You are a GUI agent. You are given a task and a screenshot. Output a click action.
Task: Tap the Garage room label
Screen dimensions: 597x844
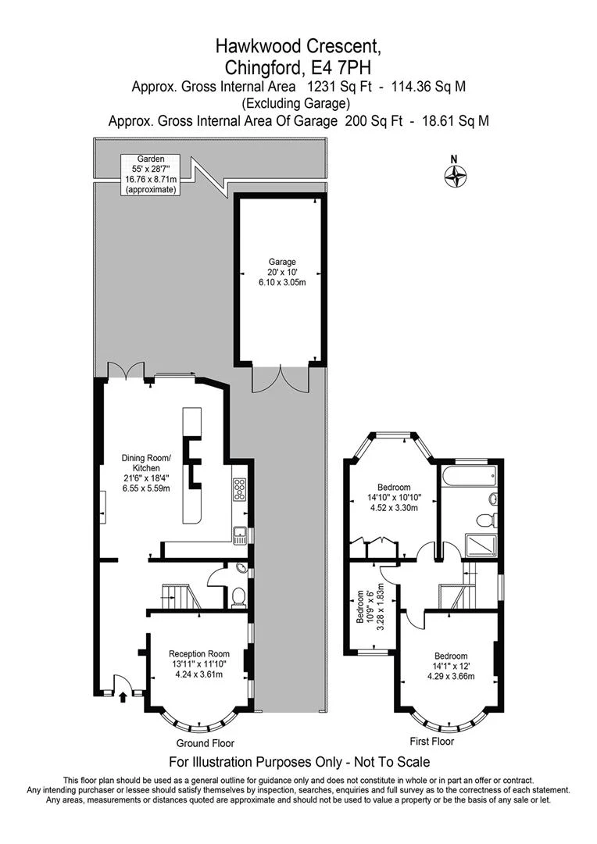click(282, 272)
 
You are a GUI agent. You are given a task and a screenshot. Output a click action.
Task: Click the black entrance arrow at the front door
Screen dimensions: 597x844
click(123, 697)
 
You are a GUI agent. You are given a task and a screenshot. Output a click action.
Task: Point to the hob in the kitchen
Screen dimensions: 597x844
click(240, 490)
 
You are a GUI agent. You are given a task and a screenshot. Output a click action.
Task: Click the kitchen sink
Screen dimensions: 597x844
click(240, 535)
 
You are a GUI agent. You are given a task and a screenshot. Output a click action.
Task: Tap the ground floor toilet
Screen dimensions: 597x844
click(238, 596)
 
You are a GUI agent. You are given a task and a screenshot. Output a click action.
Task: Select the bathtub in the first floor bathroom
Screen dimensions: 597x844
click(467, 477)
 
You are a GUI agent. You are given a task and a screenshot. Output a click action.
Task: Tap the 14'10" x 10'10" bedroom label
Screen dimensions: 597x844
click(394, 497)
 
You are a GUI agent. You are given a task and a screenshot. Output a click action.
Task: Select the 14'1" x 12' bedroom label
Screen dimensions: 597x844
click(451, 665)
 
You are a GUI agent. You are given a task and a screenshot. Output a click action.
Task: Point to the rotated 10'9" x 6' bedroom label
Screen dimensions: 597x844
click(370, 606)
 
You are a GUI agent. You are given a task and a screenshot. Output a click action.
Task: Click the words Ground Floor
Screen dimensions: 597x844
click(205, 743)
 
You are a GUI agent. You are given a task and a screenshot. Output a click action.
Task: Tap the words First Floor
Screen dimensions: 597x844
click(432, 742)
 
